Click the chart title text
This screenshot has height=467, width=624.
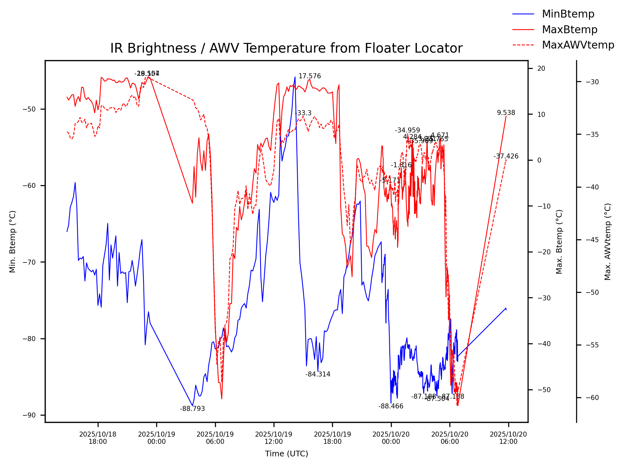click(286, 48)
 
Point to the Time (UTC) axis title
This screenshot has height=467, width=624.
click(286, 454)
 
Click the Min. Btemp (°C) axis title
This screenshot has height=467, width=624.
click(13, 241)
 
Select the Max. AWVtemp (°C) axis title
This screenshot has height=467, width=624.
click(607, 241)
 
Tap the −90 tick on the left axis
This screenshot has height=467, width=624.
click(30, 415)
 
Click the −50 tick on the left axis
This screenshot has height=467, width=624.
click(30, 109)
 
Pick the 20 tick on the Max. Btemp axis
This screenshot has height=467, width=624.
click(541, 69)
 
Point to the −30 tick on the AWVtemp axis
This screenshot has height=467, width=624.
click(592, 82)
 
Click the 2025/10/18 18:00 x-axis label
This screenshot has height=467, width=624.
click(98, 438)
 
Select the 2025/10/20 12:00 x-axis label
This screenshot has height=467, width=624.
click(508, 438)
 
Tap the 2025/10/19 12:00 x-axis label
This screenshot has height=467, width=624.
click(274, 438)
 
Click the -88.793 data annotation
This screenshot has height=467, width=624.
click(192, 409)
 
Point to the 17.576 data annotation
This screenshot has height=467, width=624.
click(309, 76)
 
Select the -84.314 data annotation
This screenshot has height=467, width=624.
click(318, 374)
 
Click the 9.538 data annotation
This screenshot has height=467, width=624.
click(506, 113)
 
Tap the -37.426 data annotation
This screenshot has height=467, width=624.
click(506, 156)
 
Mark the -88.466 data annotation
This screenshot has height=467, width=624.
click(391, 406)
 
